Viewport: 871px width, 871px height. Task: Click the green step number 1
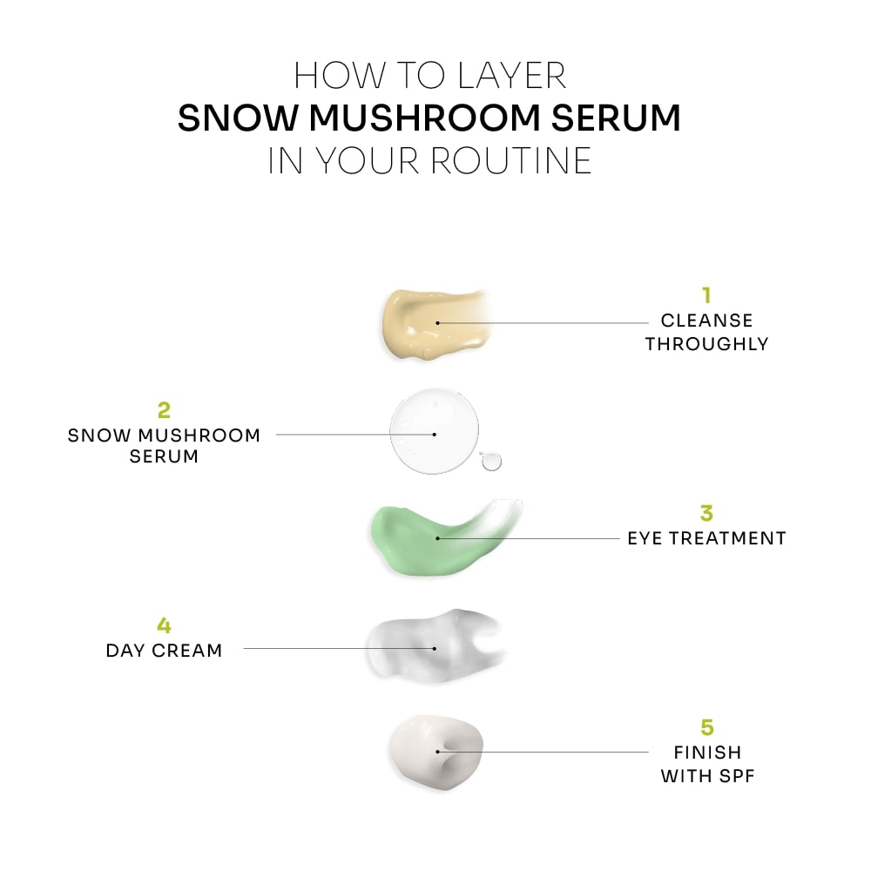click(706, 296)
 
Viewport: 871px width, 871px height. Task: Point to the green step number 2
click(163, 409)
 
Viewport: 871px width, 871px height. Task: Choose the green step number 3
click(706, 514)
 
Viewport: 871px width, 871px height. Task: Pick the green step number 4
click(164, 625)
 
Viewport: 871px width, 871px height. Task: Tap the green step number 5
click(706, 726)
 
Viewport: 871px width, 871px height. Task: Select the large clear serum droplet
click(434, 432)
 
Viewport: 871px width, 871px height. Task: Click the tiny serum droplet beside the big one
click(492, 461)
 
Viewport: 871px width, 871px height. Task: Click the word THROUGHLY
click(706, 343)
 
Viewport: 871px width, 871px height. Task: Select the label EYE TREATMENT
click(706, 538)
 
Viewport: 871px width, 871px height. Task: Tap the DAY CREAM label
click(164, 650)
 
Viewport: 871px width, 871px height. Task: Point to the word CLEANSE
click(706, 321)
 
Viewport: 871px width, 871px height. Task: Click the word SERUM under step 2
click(164, 456)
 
